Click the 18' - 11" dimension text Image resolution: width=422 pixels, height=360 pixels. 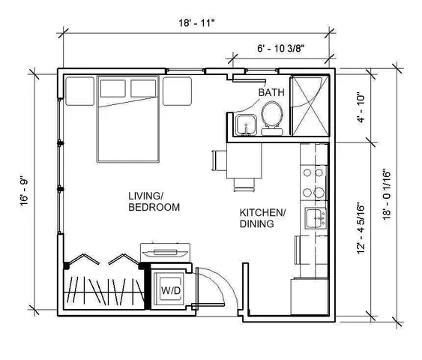point(197,22)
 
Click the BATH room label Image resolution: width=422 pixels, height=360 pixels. point(271,92)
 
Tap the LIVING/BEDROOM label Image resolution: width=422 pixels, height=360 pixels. point(154,201)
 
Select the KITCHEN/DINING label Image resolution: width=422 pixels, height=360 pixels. point(262,217)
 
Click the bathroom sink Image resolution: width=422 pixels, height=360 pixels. point(244,125)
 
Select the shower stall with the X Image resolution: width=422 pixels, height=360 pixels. point(308,105)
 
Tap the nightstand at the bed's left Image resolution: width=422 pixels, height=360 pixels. point(77,91)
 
